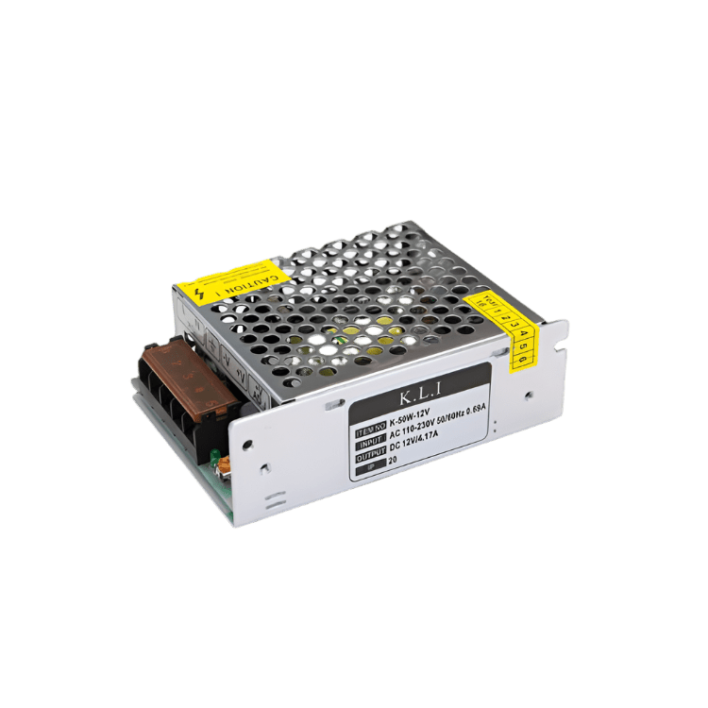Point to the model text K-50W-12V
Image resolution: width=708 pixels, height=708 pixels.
[x=412, y=411]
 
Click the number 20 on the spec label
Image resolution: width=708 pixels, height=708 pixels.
[x=393, y=462]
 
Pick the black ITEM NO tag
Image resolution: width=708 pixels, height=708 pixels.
[x=371, y=429]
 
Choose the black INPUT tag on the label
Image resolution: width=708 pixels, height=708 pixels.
[x=369, y=441]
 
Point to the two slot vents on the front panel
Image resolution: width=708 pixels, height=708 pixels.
[x=274, y=497]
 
